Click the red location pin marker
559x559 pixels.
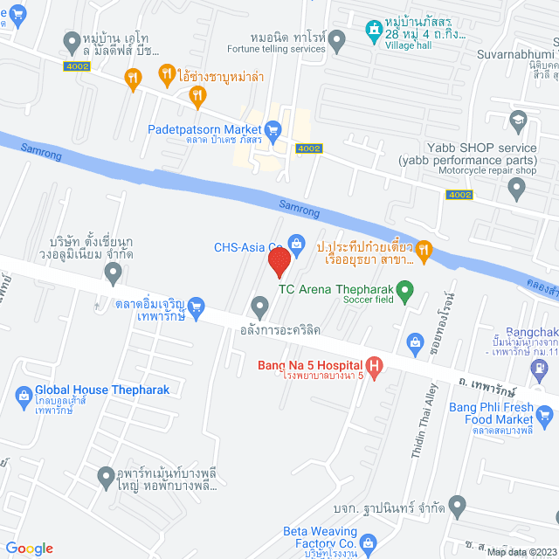(279, 262)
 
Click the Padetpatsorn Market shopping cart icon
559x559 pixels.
(273, 129)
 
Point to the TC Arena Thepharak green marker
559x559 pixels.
(404, 289)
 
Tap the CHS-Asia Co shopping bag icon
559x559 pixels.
(296, 242)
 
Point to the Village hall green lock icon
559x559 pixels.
(374, 27)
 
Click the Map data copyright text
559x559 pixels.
(521, 551)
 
